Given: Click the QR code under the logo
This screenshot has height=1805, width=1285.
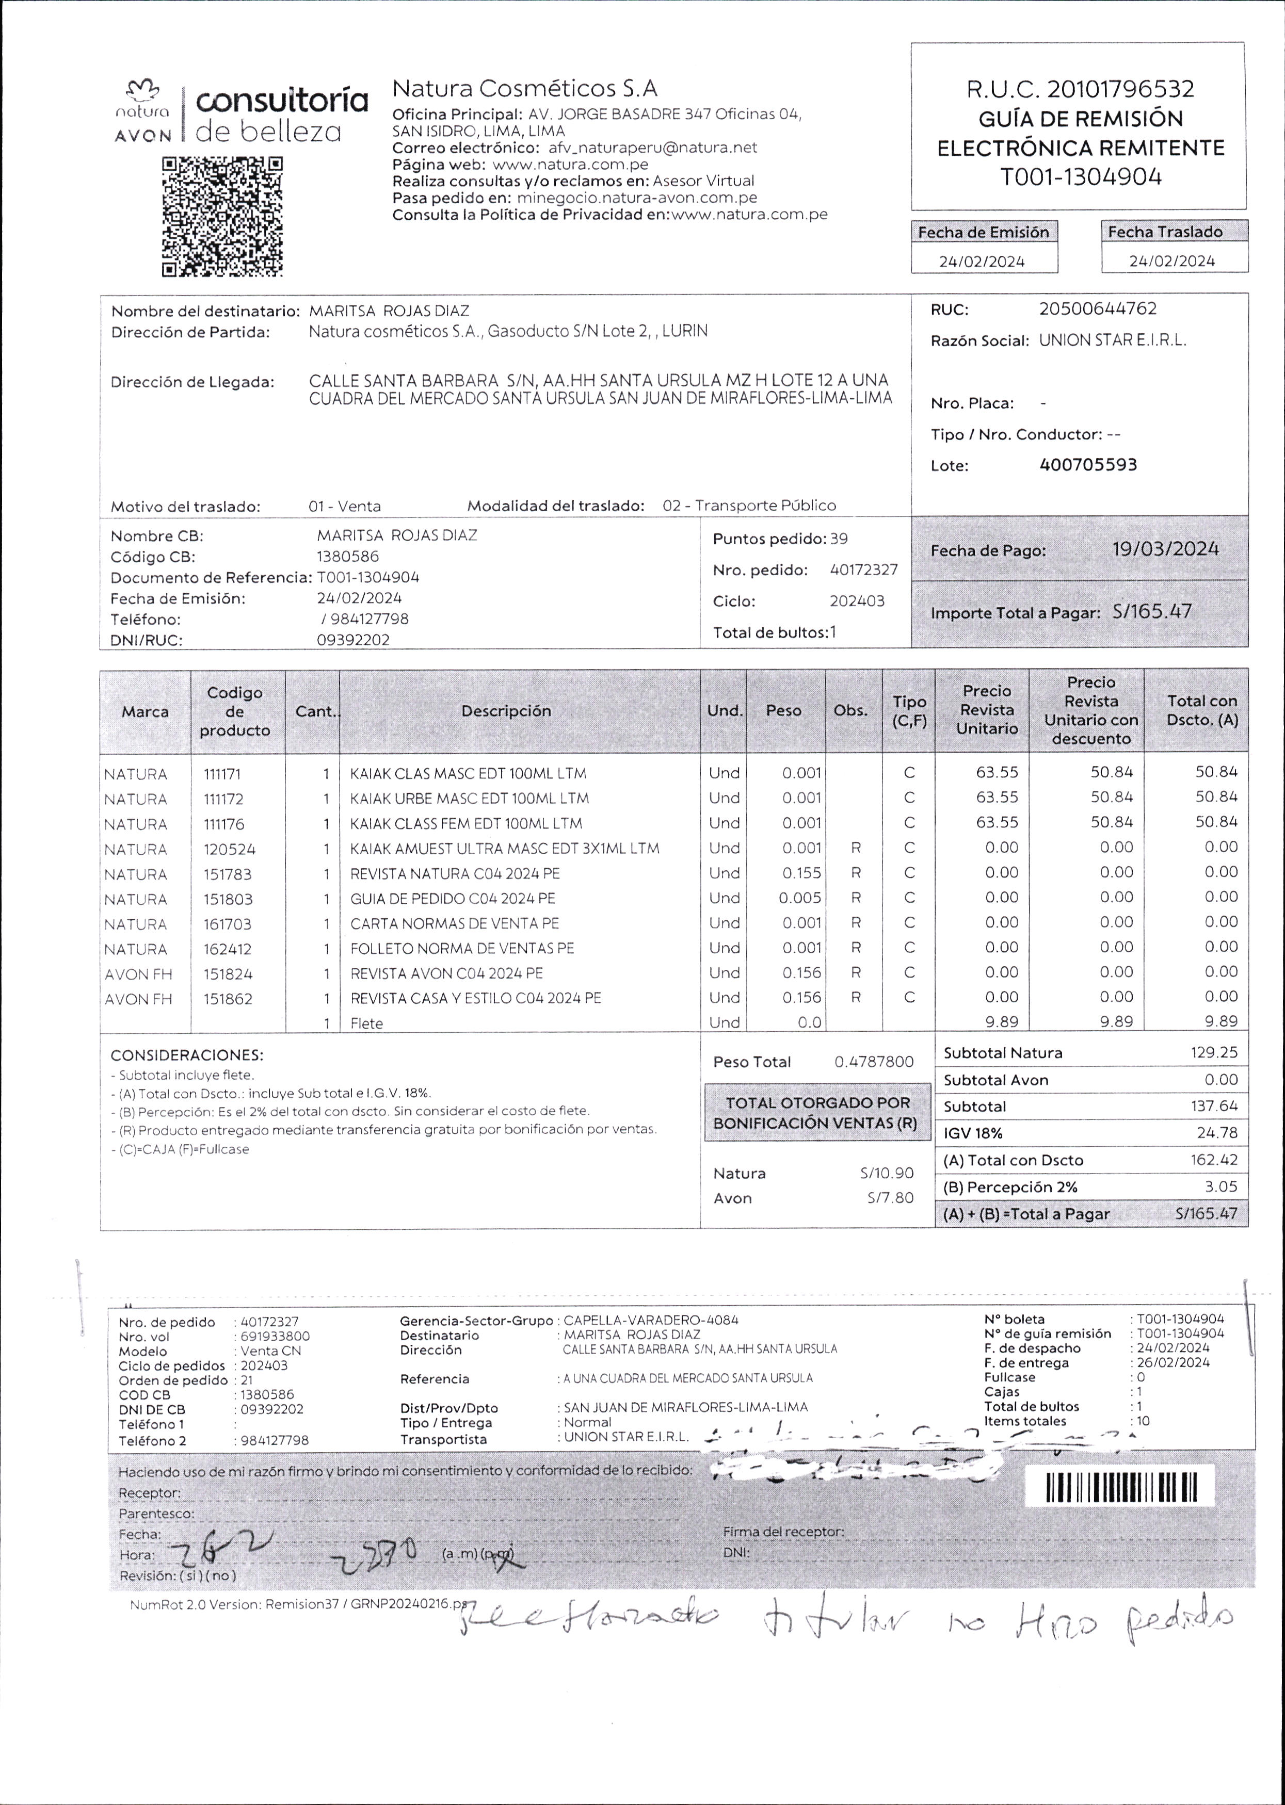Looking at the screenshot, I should coord(222,217).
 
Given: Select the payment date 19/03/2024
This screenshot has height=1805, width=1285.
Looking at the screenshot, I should coord(1165,549).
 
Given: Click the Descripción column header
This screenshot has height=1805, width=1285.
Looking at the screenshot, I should coord(506,711).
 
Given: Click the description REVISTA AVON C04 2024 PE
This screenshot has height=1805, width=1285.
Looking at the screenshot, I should coord(446,973).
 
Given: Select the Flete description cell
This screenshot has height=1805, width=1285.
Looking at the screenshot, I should coord(366,1023).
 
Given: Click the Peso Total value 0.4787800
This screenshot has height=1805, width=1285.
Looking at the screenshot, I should coord(874,1062).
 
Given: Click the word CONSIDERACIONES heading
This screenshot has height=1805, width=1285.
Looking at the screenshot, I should coord(187,1055).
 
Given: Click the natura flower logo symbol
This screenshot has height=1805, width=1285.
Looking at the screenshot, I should coord(143,89).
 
